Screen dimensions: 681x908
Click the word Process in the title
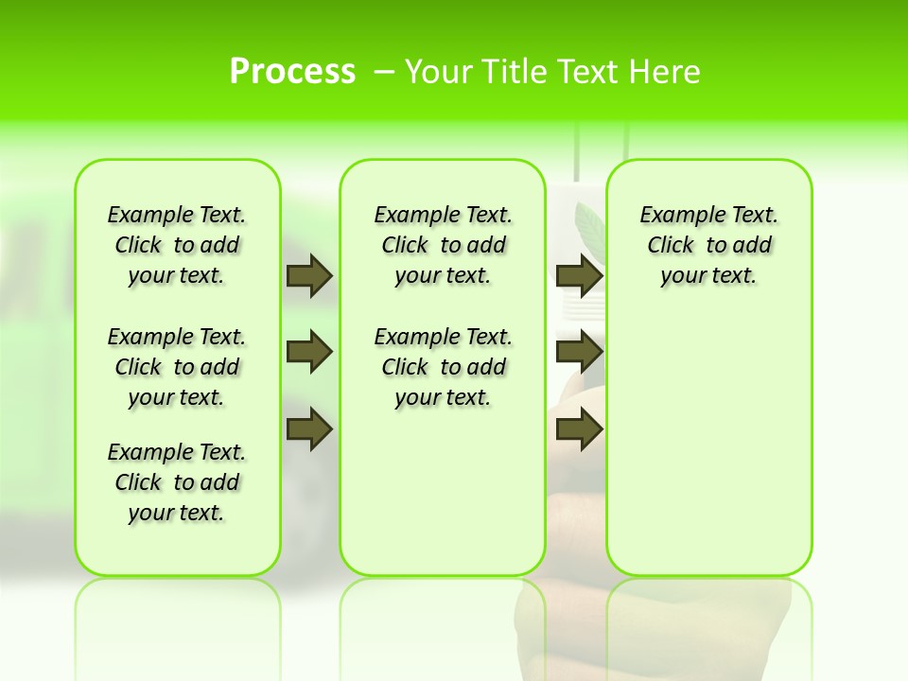click(x=292, y=71)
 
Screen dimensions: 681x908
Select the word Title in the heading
click(x=515, y=72)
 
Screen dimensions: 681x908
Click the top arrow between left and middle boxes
click(x=308, y=275)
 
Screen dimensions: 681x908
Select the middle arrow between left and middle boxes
click(x=308, y=352)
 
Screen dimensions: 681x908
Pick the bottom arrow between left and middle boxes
click(x=308, y=429)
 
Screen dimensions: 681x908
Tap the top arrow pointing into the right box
click(x=579, y=275)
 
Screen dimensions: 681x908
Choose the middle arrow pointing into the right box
click(x=579, y=352)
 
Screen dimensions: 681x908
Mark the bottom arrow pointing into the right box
click(x=579, y=429)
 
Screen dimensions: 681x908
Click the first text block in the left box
click(x=177, y=245)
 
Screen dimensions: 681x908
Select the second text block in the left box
click(x=177, y=367)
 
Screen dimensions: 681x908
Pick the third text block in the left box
click(x=177, y=482)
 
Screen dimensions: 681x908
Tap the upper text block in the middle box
click(x=443, y=245)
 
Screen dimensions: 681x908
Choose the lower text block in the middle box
click(x=443, y=367)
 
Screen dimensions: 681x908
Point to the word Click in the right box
click(x=671, y=246)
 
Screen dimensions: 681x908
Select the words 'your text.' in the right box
click(x=708, y=276)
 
